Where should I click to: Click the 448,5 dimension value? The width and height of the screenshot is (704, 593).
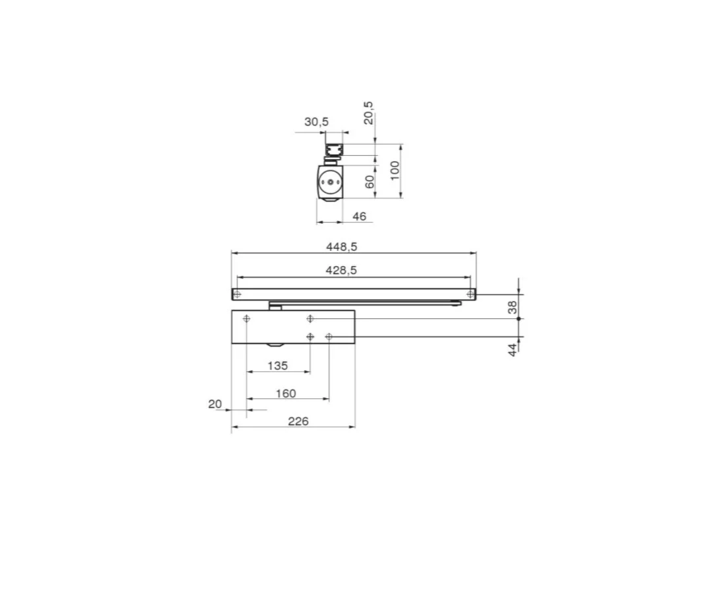click(341, 246)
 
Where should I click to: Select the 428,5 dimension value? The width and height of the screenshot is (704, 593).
click(341, 270)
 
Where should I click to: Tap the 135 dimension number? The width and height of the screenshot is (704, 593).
click(278, 366)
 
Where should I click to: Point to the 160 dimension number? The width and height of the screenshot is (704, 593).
click(286, 394)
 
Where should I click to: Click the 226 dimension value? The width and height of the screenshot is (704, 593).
click(298, 421)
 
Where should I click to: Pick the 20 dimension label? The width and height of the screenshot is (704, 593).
click(215, 404)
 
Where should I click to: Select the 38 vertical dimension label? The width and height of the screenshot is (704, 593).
click(512, 308)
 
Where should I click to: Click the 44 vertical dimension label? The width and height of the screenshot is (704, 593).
click(512, 350)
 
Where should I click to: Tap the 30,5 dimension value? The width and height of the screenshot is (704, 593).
click(317, 122)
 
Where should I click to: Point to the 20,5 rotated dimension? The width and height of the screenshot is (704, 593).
click(369, 113)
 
